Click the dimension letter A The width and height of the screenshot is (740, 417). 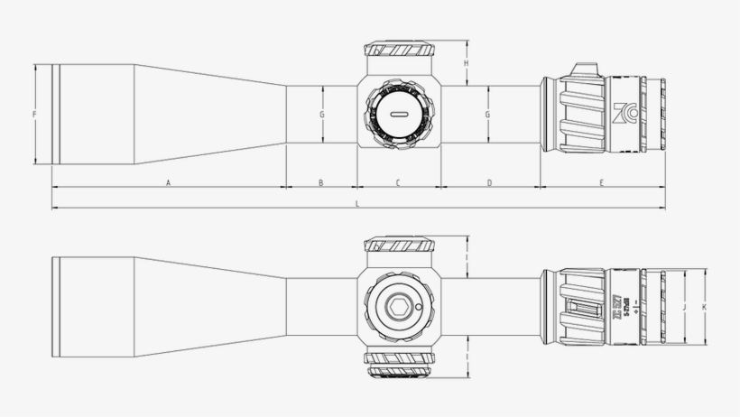point(169,183)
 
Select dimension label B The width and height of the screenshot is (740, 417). point(320,183)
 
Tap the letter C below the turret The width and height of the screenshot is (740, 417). point(397,183)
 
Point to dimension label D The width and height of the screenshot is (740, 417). point(489,183)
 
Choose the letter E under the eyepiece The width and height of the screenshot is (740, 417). point(601,183)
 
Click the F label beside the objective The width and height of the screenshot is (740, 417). point(33,115)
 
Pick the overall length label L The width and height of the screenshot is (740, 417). point(357,205)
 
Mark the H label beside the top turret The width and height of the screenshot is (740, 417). point(466,64)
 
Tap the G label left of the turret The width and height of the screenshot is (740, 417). point(321,115)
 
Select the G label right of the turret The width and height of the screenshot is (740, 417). point(487,115)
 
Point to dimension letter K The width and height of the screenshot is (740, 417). point(704,308)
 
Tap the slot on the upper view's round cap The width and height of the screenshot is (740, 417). point(398,115)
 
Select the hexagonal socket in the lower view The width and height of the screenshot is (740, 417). point(397,307)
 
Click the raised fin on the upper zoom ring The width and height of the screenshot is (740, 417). point(585,70)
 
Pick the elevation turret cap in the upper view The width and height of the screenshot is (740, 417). point(398,50)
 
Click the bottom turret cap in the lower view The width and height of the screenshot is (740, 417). point(398,368)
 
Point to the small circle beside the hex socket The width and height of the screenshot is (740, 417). point(420,307)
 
